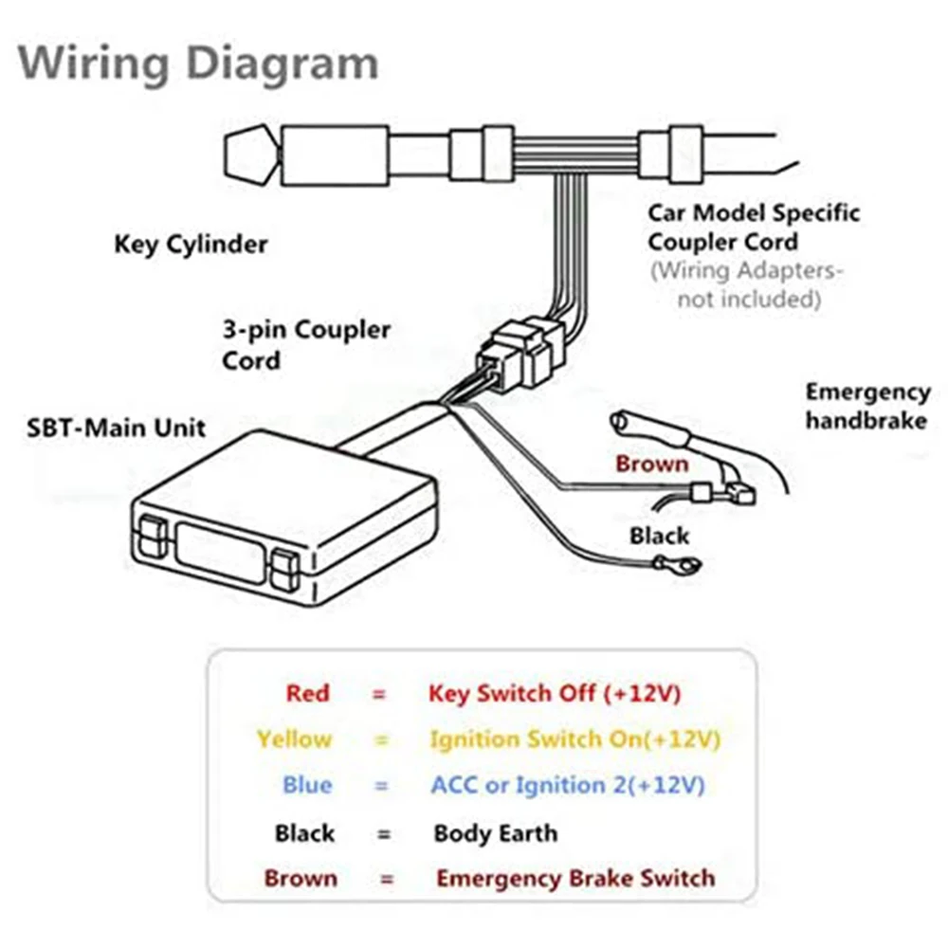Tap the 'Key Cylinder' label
[x=191, y=245]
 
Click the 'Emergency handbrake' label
[x=867, y=406]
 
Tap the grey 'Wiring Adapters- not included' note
[x=746, y=284]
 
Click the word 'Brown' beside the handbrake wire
[x=651, y=465]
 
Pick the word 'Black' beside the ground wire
[x=659, y=537]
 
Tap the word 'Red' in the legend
[x=307, y=693]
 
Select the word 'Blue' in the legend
[x=307, y=786]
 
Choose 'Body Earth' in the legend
[x=495, y=834]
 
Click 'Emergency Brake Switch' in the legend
[x=575, y=879]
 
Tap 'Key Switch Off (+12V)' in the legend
[x=555, y=693]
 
